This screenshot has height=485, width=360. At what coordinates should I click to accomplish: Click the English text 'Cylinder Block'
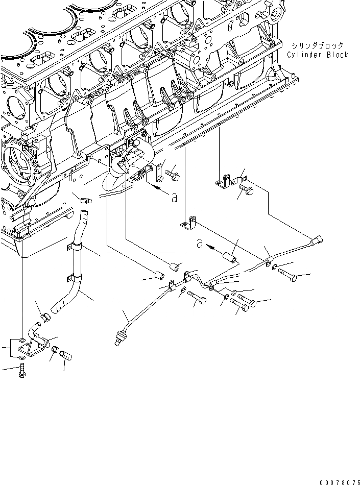coord(317,55)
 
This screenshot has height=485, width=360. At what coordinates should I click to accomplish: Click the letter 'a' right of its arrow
coord(175,197)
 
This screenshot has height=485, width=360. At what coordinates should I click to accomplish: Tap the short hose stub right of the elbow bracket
coord(67,354)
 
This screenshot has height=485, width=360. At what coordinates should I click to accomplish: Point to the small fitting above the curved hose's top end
coord(85,199)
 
